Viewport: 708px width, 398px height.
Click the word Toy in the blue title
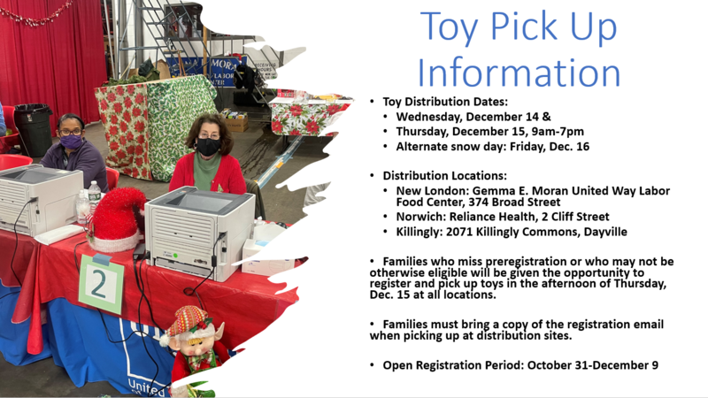pos(449,28)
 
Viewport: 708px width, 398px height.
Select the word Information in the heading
pos(519,73)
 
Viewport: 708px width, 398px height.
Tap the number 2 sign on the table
pos(101,285)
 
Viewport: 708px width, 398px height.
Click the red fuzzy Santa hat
pos(117,219)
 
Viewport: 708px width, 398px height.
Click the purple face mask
pos(71,142)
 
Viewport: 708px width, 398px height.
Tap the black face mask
pos(208,146)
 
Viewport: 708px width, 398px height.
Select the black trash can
pos(33,130)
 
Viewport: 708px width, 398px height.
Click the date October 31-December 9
pos(592,365)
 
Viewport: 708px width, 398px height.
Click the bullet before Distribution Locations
pos(372,175)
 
